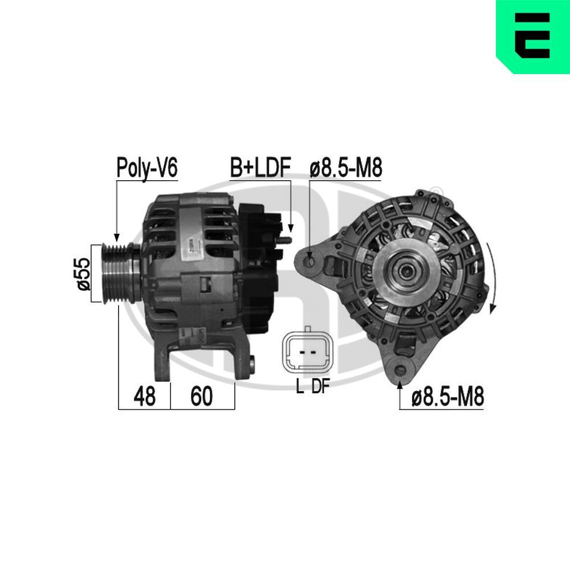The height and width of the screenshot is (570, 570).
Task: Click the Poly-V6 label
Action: [x=147, y=168]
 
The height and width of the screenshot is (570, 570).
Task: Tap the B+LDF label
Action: [x=260, y=168]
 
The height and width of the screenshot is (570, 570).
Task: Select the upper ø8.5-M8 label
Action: [x=345, y=168]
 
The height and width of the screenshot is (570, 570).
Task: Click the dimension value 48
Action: [x=145, y=397]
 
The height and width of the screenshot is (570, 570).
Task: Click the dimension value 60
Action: [x=201, y=397]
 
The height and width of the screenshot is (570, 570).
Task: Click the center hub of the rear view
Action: [x=405, y=273]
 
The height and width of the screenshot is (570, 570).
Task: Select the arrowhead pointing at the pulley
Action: [x=117, y=236]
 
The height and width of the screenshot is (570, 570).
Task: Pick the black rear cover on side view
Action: [x=256, y=268]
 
